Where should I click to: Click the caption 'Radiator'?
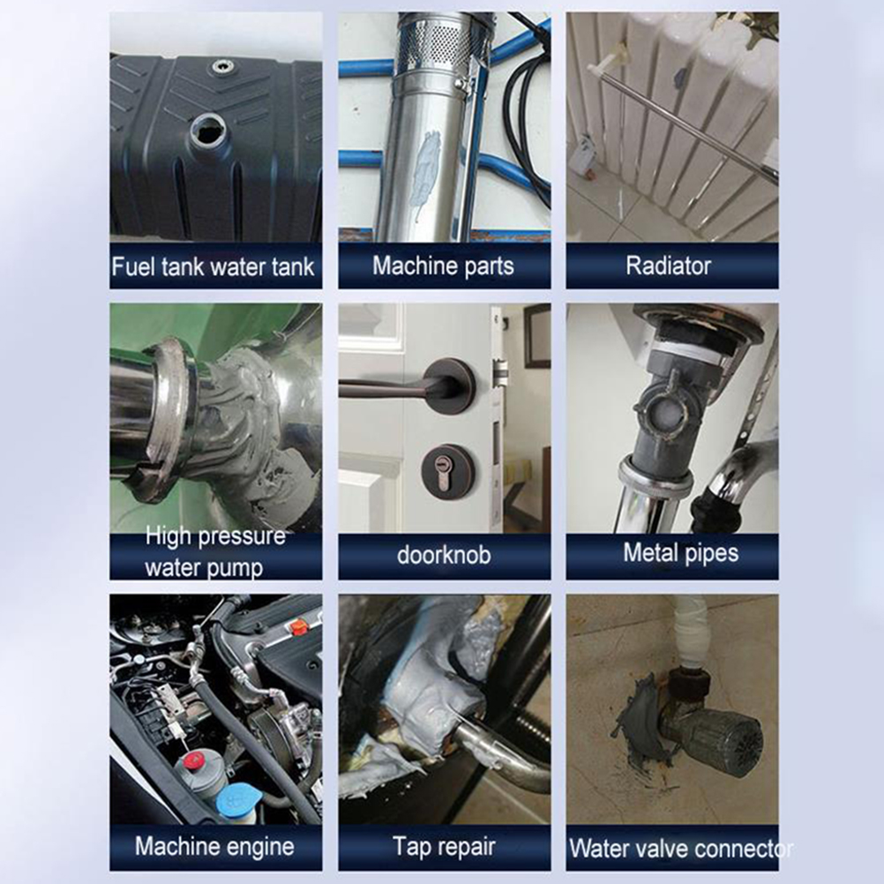(668, 266)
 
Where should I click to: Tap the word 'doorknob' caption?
(444, 555)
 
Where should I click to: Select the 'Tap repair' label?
(445, 847)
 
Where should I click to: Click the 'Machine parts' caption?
(443, 266)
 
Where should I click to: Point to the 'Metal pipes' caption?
(680, 552)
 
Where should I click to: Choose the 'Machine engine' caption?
(214, 847)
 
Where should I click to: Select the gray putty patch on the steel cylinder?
(427, 170)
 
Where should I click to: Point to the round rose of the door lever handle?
(449, 385)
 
